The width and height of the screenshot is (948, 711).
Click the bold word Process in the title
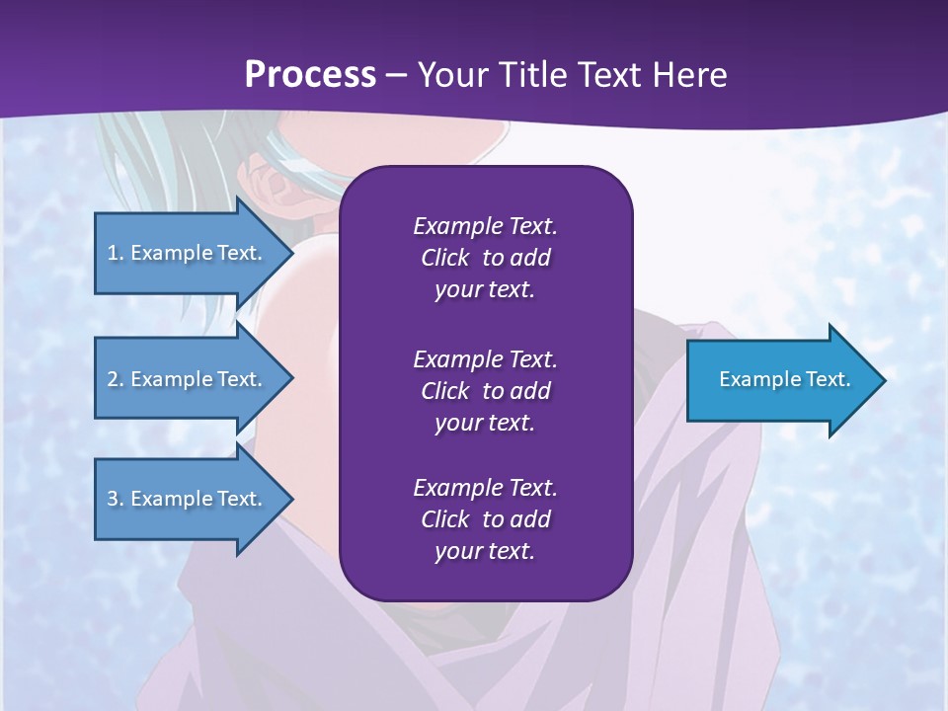(310, 75)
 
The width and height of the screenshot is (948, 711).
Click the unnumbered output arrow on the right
(780, 380)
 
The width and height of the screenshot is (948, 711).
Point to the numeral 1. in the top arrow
(116, 253)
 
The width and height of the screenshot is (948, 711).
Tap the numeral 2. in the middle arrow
(116, 379)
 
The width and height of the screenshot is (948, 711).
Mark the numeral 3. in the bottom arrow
(116, 499)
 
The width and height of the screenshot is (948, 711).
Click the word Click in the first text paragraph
(444, 258)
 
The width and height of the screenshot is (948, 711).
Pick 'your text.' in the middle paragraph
(485, 423)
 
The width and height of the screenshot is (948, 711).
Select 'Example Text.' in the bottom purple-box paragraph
(485, 487)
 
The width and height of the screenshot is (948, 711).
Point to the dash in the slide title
(396, 76)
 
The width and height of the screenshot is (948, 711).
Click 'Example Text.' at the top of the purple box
(485, 226)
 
